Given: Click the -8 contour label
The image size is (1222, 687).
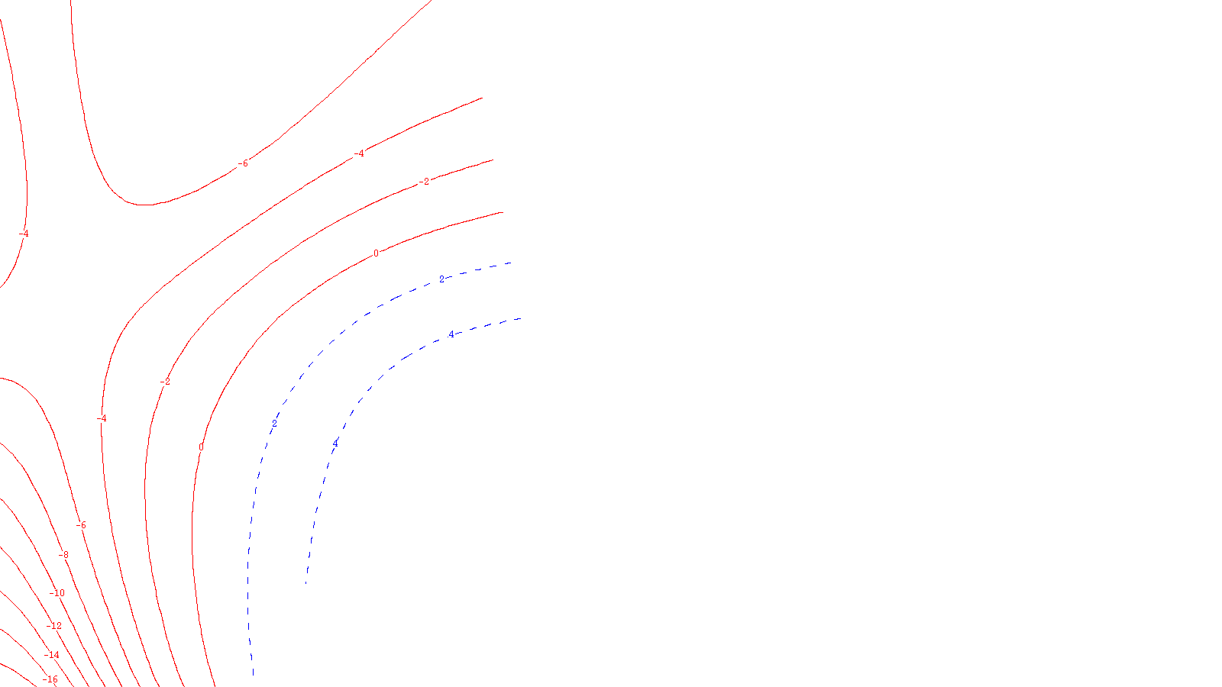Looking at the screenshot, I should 64,555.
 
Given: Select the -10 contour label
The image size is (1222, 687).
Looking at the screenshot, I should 57,593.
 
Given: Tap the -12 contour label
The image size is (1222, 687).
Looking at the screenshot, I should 54,626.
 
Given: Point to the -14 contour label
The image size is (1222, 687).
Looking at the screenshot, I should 51,655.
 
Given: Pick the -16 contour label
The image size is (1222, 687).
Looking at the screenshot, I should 50,679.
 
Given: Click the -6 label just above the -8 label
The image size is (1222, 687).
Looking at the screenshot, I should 80,525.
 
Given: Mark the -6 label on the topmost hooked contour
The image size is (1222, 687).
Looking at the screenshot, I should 243,163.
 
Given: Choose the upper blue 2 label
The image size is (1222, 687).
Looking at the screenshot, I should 441,279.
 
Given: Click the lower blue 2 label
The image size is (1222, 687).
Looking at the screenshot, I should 274,424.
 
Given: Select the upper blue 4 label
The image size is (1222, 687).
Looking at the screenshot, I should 451,334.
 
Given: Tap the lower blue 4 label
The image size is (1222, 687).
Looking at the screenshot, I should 335,443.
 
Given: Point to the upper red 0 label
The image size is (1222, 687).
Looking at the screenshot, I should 376,253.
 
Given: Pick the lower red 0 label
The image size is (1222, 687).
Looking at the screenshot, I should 201,447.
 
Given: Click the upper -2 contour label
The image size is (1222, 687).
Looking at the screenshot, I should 424,182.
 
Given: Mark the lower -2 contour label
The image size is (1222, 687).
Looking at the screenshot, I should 165,382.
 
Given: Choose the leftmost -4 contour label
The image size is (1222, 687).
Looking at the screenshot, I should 24,234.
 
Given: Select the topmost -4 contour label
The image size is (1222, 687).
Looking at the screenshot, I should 359,153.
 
